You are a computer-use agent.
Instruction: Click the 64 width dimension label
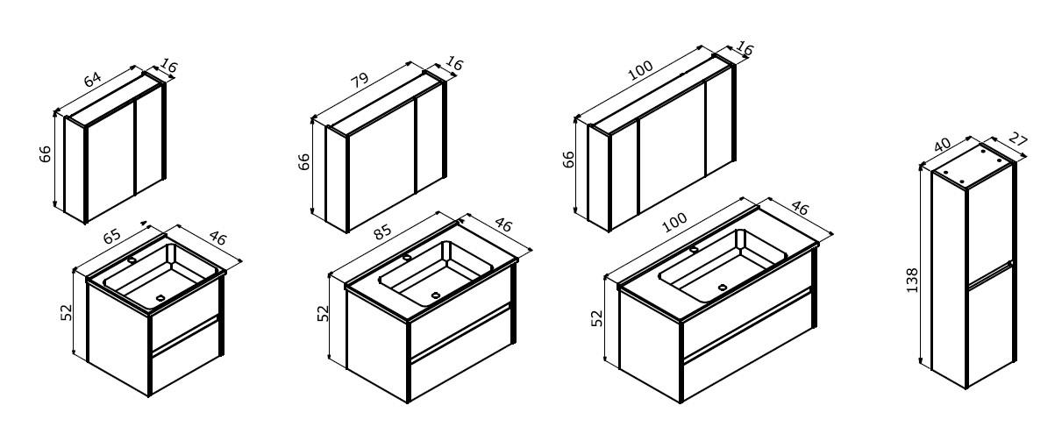(92, 79)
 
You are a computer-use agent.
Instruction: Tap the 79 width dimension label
(360, 80)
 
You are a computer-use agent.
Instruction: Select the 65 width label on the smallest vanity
(112, 236)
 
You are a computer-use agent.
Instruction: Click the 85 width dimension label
(382, 231)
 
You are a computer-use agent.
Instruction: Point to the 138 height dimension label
(912, 281)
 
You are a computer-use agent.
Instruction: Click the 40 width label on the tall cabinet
(942, 145)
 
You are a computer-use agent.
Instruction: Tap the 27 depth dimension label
(1017, 139)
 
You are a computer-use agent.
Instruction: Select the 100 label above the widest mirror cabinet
(640, 71)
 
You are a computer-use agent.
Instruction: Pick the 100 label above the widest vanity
(674, 222)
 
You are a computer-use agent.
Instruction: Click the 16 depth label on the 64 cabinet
(168, 66)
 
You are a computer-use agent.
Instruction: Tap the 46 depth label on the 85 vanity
(503, 224)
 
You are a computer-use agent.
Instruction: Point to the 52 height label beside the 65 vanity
(67, 312)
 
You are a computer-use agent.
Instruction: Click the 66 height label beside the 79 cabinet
(303, 161)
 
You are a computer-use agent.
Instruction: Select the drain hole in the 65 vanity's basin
(160, 298)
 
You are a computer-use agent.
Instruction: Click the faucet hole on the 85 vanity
(407, 257)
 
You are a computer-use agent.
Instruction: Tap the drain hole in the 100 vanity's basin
(722, 287)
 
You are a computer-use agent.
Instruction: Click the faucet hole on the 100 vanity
(694, 249)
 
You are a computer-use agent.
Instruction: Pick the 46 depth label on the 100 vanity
(799, 208)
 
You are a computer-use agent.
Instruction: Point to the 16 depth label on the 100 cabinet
(745, 49)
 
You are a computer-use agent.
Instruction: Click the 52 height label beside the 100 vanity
(598, 318)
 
